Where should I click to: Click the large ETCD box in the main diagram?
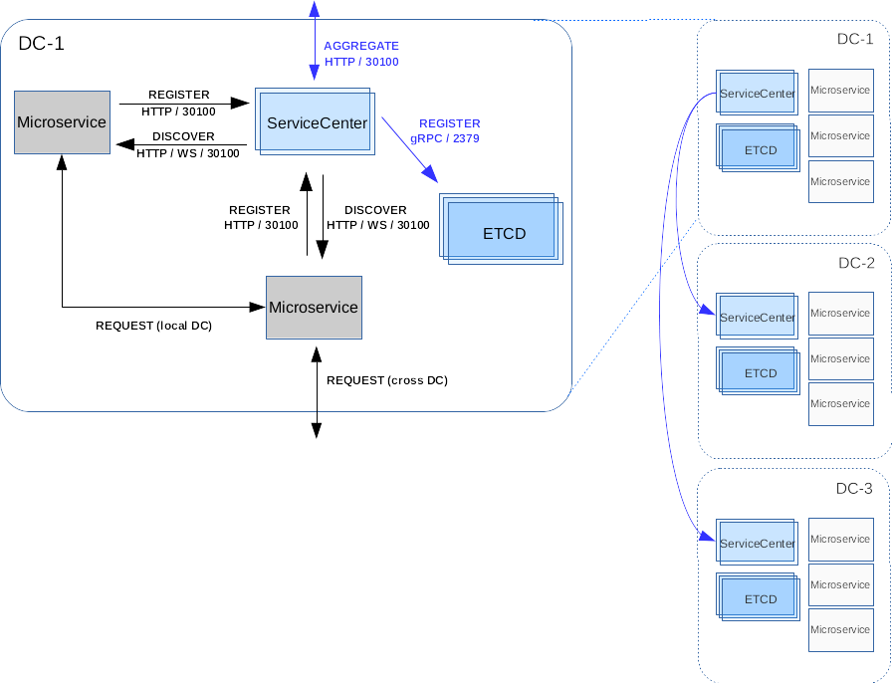(501, 229)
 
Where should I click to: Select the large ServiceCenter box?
(316, 121)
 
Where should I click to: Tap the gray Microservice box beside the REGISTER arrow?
(62, 122)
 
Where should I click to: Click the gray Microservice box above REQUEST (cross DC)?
(314, 308)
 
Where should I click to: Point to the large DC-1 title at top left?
(41, 43)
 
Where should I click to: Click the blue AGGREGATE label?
(361, 46)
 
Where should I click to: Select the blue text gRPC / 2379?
(445, 138)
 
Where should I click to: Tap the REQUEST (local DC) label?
(153, 326)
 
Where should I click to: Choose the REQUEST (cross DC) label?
(387, 380)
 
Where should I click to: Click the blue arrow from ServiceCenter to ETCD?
(409, 149)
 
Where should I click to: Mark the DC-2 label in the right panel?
(856, 263)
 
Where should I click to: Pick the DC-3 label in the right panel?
(854, 488)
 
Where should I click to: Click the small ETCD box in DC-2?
(759, 371)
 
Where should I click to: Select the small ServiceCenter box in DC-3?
(758, 542)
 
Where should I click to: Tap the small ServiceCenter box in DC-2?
(758, 316)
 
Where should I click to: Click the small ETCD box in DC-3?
(759, 597)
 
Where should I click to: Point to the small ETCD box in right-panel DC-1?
(759, 148)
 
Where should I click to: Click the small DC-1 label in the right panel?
(855, 39)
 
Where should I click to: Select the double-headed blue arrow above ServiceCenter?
(314, 40)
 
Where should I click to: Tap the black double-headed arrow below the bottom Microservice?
(317, 392)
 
